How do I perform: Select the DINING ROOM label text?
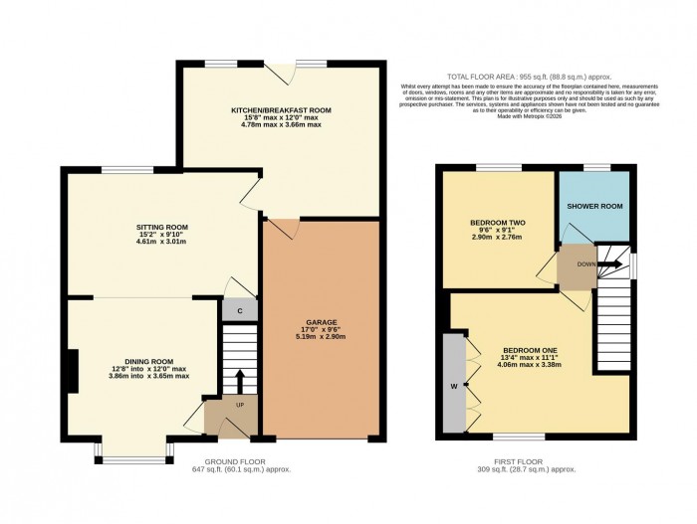click(x=148, y=361)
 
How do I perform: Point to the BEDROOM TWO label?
click(x=498, y=223)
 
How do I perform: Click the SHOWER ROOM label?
click(x=594, y=206)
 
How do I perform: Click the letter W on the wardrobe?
click(x=454, y=386)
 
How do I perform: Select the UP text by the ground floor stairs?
click(x=240, y=405)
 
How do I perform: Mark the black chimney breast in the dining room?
click(x=71, y=372)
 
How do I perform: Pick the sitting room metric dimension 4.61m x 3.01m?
click(x=155, y=242)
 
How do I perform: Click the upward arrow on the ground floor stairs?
click(x=240, y=382)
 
